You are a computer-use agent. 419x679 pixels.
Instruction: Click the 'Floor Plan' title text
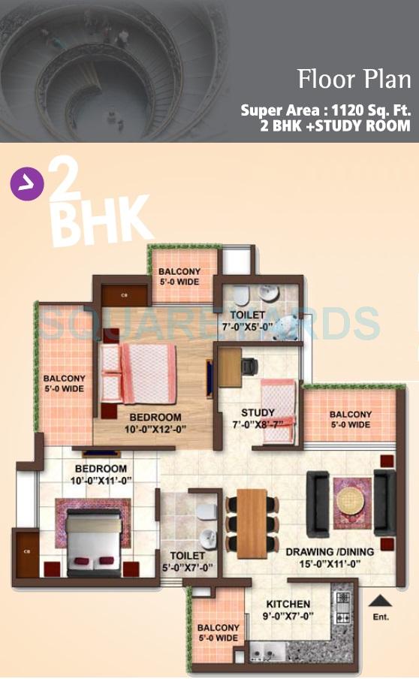point(354,79)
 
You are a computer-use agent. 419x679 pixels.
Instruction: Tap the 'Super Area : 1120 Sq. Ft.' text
point(326,110)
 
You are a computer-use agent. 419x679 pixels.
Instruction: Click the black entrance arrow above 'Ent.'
point(380,600)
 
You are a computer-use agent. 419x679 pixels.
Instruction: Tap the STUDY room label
point(258,412)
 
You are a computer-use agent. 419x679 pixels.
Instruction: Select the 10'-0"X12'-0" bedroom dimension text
point(155,430)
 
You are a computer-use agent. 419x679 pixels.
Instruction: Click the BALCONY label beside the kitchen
point(218,632)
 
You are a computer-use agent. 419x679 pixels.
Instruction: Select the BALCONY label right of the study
point(350,419)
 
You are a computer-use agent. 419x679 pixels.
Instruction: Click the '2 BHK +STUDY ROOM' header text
point(336,126)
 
